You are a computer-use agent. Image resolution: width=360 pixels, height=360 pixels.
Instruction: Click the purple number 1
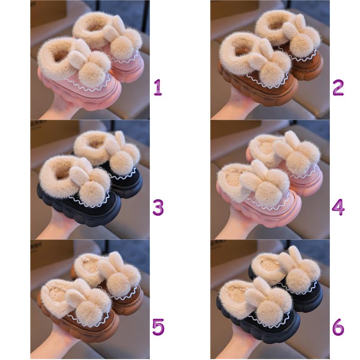point(158,87)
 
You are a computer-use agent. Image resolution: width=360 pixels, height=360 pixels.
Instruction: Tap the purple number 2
point(338,87)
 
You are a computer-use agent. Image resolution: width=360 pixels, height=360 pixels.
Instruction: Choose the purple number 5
point(158,327)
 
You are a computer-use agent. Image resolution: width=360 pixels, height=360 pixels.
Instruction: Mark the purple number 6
point(338,327)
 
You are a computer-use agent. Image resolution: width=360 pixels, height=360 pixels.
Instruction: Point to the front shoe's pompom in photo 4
point(270,194)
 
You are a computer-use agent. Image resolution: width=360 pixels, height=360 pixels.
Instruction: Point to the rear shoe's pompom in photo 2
point(302,44)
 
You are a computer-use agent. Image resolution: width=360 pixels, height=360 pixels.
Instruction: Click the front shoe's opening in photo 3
point(60,172)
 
